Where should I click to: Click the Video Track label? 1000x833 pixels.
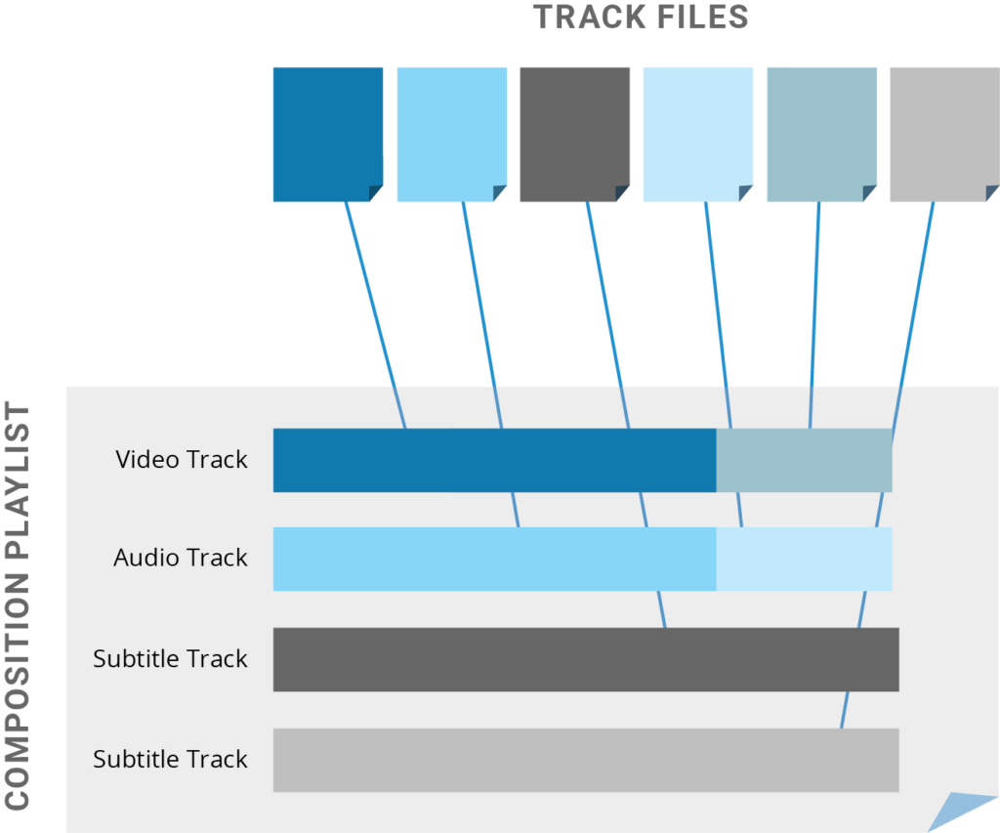[x=182, y=460]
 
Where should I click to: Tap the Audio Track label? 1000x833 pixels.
[x=181, y=559]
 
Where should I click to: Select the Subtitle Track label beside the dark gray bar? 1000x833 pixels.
[x=170, y=659]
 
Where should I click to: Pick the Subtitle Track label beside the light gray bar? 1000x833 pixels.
[x=170, y=760]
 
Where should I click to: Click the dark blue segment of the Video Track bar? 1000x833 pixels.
[x=494, y=460]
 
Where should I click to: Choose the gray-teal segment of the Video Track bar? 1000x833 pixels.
[x=804, y=460]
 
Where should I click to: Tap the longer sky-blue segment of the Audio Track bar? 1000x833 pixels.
[x=494, y=559]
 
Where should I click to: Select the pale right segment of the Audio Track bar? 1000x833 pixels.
[x=804, y=559]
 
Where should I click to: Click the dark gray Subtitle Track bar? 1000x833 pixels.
[x=586, y=659]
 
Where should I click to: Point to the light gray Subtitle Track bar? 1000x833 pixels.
[x=586, y=760]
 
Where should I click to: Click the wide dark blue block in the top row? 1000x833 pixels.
[x=195, y=132]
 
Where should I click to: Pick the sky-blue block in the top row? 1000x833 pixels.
[x=457, y=127]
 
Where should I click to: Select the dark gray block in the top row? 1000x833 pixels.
[x=580, y=127]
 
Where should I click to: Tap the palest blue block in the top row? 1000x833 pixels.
[x=704, y=127]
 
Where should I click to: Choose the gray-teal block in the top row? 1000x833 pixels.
[x=827, y=127]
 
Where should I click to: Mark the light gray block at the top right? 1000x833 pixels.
[x=943, y=127]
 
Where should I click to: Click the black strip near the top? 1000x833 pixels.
[x=500, y=47]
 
